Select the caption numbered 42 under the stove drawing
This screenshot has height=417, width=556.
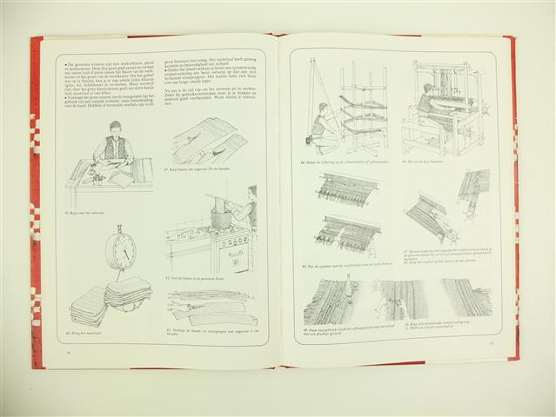(196, 278)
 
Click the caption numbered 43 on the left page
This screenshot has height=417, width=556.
(205, 332)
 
